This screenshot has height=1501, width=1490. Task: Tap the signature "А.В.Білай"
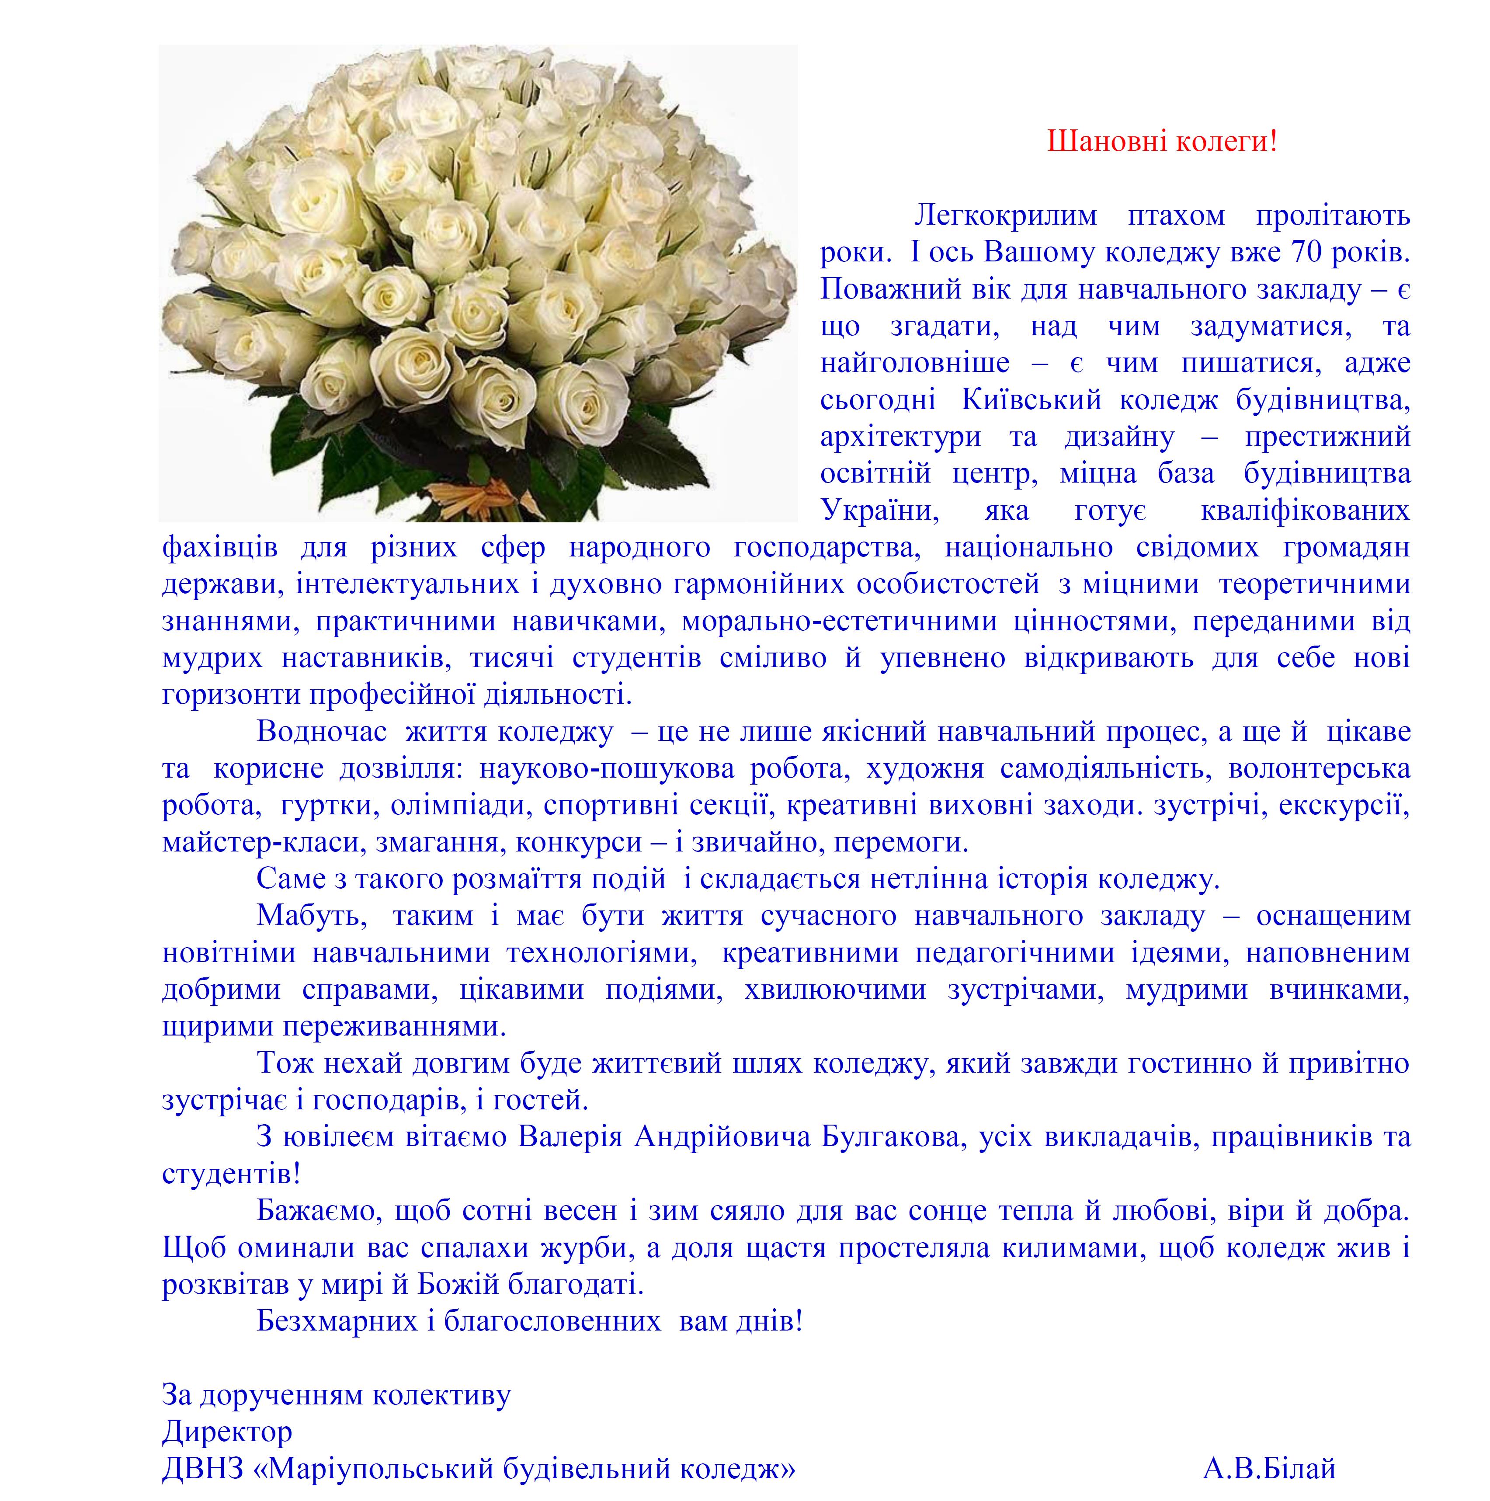[x=1268, y=1468]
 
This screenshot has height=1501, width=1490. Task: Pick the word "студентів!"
[x=231, y=1173]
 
